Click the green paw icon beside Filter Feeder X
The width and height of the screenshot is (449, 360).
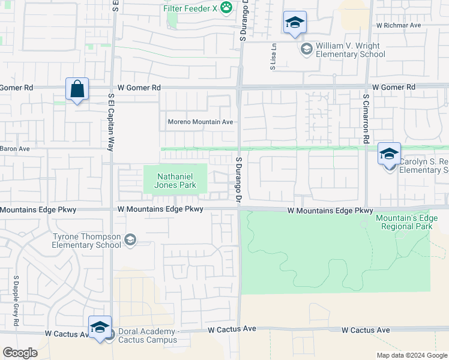click(x=226, y=7)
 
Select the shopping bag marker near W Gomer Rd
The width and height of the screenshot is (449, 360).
click(x=77, y=90)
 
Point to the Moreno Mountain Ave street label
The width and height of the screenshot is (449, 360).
click(x=200, y=122)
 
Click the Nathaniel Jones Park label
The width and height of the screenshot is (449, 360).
click(x=176, y=181)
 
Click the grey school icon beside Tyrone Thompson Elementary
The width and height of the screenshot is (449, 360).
click(x=129, y=241)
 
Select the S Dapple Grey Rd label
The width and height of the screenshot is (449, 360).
click(x=16, y=296)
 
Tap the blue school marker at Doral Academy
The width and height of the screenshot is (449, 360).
click(x=100, y=327)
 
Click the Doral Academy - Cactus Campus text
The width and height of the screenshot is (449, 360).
click(x=147, y=335)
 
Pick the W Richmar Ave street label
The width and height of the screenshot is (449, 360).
click(x=399, y=26)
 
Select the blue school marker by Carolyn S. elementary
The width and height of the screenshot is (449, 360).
click(x=389, y=154)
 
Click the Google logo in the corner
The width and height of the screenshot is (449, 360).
click(x=20, y=353)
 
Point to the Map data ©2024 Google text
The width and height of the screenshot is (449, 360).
click(x=411, y=355)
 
